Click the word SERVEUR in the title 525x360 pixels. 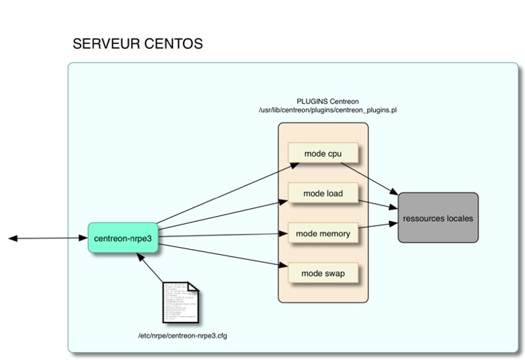click(103, 45)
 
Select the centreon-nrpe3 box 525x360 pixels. click(123, 238)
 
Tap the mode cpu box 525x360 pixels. click(323, 153)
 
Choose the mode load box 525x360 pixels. click(323, 194)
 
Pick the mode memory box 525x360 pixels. click(323, 233)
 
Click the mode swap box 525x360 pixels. click(323, 274)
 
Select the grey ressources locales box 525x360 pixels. click(438, 218)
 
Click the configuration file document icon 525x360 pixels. click(180, 302)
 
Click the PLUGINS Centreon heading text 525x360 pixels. click(328, 102)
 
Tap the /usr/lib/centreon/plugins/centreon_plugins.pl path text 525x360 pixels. click(328, 111)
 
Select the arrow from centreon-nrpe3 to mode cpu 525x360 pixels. click(223, 193)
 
